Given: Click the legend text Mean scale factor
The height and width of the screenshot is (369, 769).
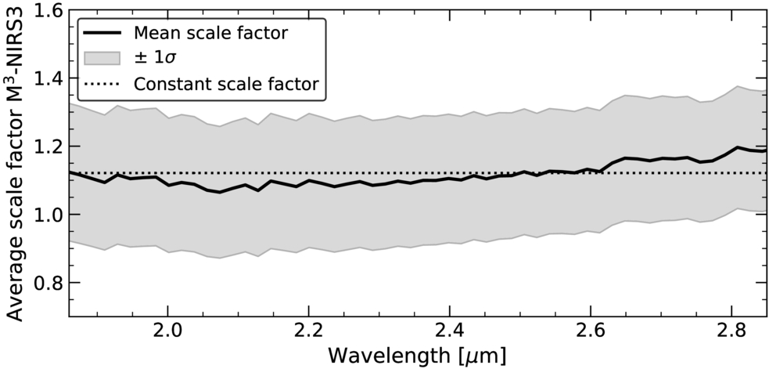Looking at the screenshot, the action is [210, 33].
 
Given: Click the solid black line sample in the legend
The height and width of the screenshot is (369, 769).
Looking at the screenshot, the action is [102, 34].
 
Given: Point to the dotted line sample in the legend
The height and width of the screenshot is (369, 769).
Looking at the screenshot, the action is [102, 84].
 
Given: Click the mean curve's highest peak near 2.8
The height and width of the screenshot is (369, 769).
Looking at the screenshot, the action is [737, 147].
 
